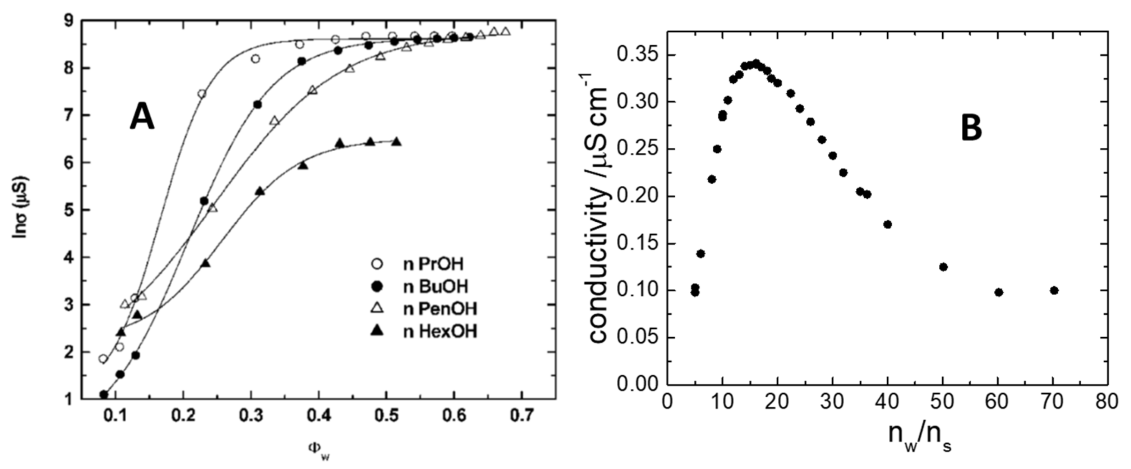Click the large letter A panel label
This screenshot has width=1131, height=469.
coord(142,118)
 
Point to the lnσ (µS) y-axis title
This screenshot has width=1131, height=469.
coord(21,207)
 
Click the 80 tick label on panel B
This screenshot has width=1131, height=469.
coord(1106,401)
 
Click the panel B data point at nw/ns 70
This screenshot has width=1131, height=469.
coord(1054,290)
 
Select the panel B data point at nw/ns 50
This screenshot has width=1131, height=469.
coord(943,267)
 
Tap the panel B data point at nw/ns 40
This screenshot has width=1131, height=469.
coord(888,225)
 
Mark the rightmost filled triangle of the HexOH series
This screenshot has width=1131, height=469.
coord(397,142)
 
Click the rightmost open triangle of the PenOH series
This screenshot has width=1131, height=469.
coord(506,31)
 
